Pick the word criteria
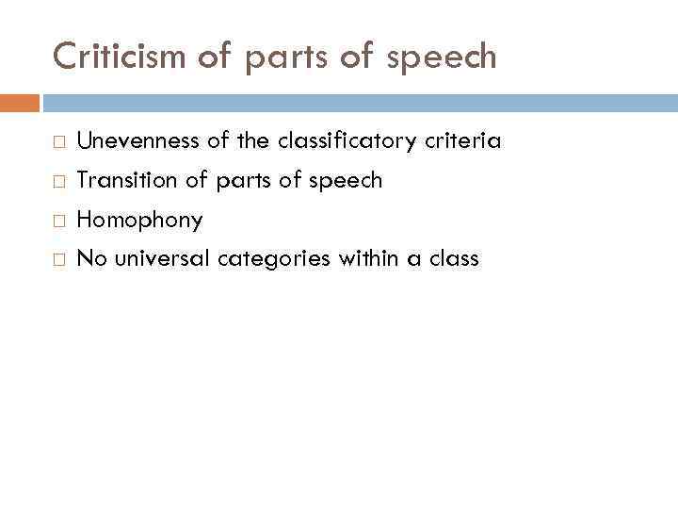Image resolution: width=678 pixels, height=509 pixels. click(x=461, y=141)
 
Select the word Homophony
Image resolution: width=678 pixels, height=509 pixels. click(x=139, y=221)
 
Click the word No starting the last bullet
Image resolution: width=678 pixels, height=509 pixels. click(x=89, y=258)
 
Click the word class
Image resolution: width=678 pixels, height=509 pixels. click(x=454, y=258)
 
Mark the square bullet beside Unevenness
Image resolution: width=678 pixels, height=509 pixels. click(x=58, y=142)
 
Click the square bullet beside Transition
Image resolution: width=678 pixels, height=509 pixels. click(x=58, y=181)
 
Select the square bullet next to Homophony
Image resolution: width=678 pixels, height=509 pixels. click(x=58, y=221)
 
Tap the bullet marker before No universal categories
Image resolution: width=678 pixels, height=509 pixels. click(x=58, y=259)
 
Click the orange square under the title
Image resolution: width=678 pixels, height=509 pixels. click(x=19, y=103)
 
